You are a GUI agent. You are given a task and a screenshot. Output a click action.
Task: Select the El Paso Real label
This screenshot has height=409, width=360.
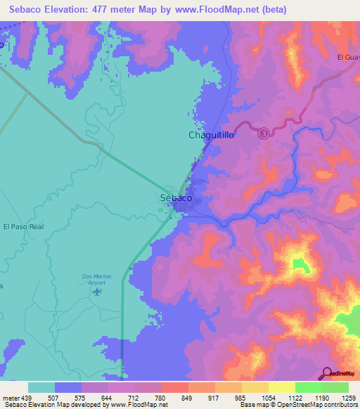point(23,227)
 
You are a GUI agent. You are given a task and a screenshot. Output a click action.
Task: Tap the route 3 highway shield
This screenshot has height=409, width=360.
point(263,134)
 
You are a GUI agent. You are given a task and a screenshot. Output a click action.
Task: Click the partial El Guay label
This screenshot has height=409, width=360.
point(348,58)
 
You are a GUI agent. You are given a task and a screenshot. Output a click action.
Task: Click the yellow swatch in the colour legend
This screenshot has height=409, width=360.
point(281,387)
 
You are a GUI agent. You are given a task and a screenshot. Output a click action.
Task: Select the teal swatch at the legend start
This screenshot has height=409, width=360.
point(41,387)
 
